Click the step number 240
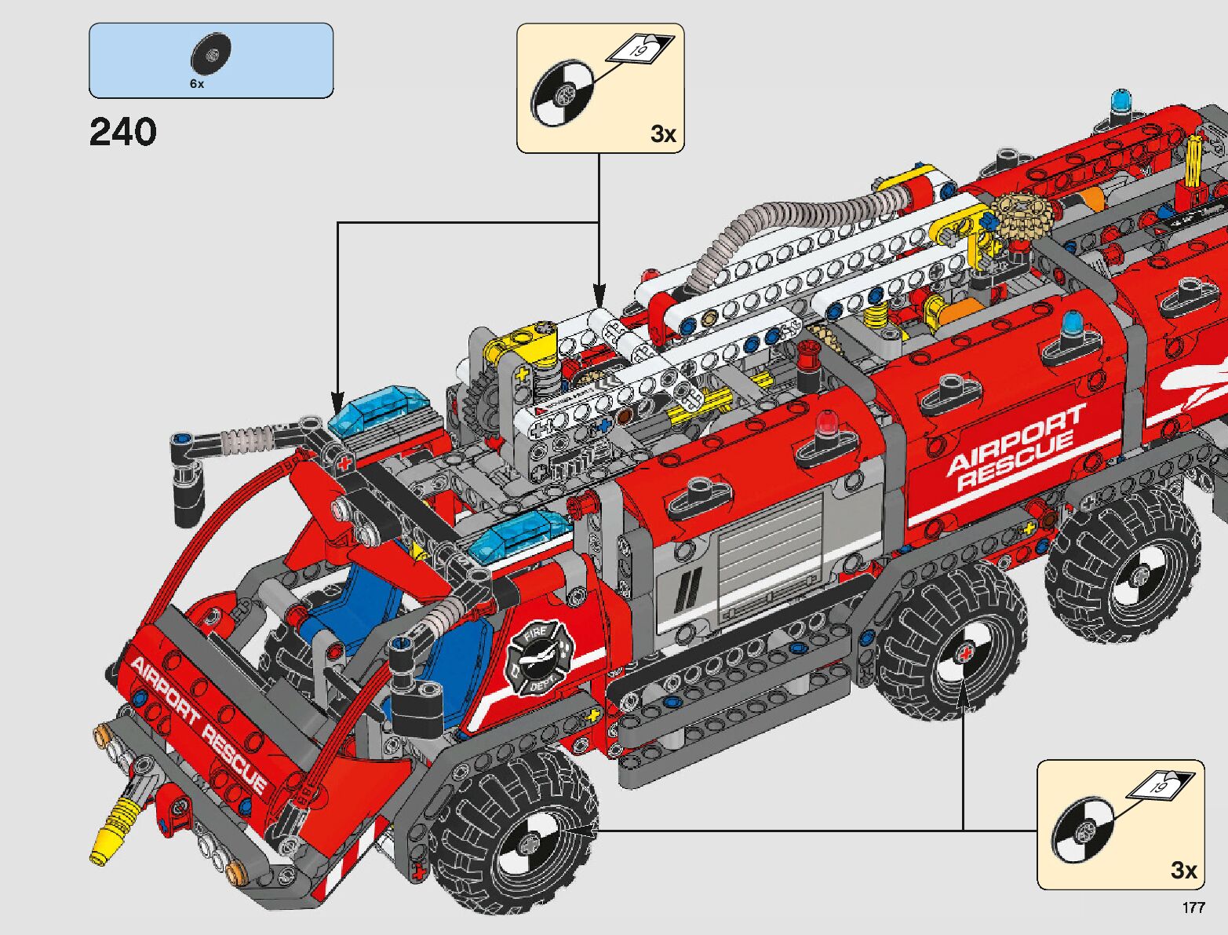tap(123, 132)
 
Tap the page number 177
tap(1193, 907)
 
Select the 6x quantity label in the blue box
tap(197, 84)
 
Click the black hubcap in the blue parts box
tap(211, 54)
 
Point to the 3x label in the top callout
tap(664, 134)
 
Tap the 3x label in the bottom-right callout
tap(1184, 871)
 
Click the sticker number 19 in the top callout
tap(639, 50)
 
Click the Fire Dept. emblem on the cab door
tap(539, 657)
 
